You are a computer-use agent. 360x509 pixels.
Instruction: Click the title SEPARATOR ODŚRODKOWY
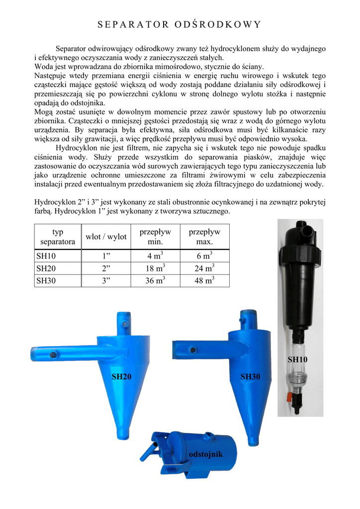[x=180, y=24]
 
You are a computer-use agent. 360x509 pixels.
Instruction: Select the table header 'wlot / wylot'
[x=106, y=237]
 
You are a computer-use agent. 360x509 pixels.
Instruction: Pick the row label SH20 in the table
[x=47, y=268]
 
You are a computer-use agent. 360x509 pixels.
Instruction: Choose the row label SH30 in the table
[x=47, y=281]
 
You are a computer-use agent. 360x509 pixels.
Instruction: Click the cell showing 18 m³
[x=155, y=268]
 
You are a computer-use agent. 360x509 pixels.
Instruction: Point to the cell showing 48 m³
[x=204, y=281]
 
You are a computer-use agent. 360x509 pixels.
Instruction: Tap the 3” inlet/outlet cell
[x=106, y=281]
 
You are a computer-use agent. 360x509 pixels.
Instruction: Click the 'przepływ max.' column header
[x=204, y=237]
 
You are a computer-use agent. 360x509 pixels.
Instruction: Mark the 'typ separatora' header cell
[x=58, y=237]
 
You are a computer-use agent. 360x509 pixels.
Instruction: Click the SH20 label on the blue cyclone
[x=121, y=377]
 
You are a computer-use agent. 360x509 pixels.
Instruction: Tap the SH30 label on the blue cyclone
[x=251, y=377]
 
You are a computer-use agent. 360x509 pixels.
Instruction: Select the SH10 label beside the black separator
[x=298, y=359]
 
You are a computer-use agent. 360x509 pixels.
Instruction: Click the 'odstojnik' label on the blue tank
[x=206, y=455]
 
